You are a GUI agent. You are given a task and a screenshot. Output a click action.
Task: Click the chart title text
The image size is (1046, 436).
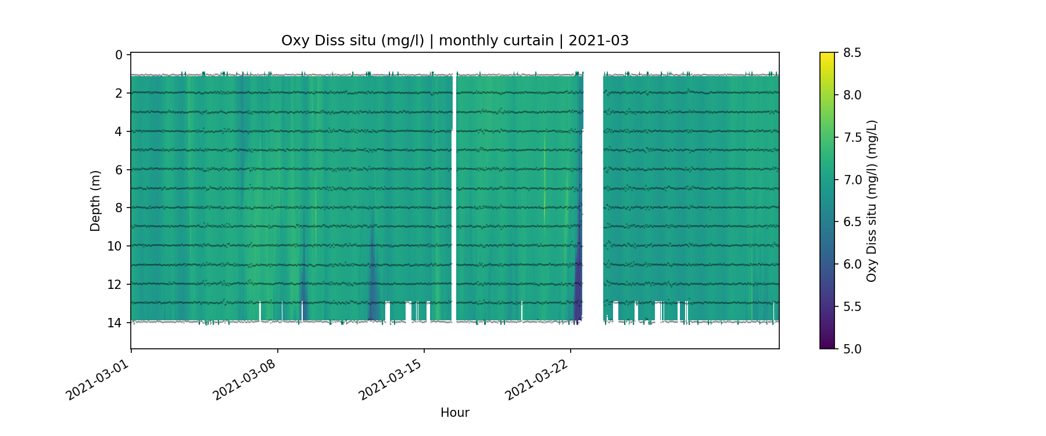click(455, 41)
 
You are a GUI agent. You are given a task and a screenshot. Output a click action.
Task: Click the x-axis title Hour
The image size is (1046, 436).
click(455, 413)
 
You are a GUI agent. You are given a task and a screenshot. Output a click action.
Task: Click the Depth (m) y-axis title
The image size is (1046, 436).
click(95, 201)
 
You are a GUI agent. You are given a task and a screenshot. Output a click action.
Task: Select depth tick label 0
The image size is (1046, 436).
click(119, 55)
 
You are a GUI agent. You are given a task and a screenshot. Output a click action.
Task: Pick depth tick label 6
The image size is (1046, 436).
click(119, 170)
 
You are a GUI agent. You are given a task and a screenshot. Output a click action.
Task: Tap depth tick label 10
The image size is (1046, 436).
click(115, 246)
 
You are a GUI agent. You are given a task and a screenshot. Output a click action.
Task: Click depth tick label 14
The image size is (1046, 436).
click(115, 323)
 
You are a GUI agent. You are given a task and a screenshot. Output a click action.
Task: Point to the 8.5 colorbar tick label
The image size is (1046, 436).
click(852, 53)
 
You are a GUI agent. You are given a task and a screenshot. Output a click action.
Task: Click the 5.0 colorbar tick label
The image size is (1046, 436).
click(852, 349)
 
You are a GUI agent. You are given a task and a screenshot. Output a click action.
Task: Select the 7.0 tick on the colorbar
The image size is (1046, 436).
click(852, 180)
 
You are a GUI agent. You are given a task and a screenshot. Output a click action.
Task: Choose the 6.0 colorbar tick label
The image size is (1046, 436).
click(852, 265)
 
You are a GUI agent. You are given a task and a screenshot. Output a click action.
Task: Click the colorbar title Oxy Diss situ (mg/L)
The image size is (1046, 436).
click(871, 201)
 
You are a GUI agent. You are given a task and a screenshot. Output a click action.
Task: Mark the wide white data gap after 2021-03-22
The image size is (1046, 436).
click(593, 198)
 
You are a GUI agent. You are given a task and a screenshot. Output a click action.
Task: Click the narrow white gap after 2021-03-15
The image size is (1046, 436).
click(454, 198)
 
